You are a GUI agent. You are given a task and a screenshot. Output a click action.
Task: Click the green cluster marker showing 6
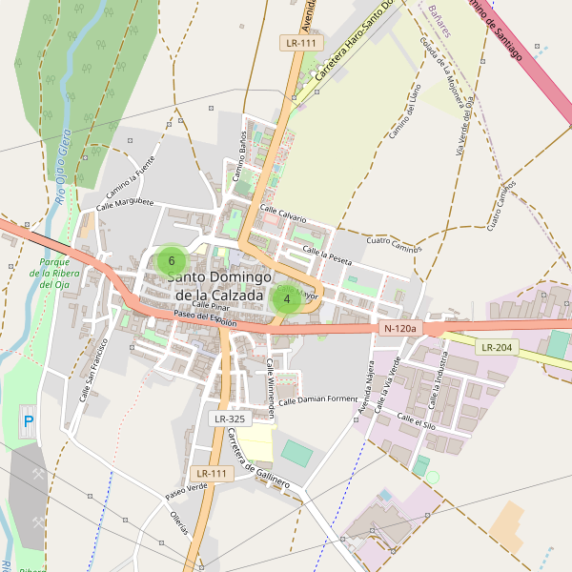click(172, 260)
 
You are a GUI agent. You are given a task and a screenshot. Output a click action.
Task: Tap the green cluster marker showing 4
click(287, 297)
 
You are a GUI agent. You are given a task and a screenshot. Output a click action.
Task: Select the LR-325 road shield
click(230, 419)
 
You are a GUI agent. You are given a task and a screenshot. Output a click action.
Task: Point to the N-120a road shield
click(400, 328)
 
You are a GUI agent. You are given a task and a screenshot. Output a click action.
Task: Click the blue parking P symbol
click(28, 420)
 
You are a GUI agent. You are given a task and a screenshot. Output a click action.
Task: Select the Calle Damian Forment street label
click(314, 399)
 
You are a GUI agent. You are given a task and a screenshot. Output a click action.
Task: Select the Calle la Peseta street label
click(327, 255)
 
